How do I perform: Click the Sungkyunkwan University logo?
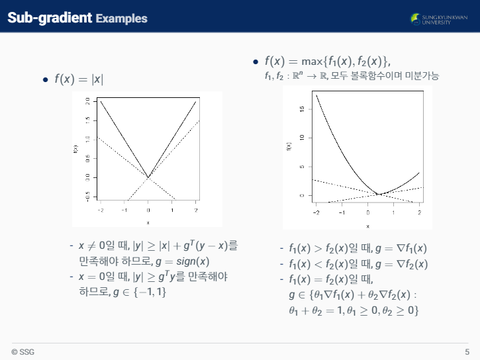(439, 19)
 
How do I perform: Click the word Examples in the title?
(122, 19)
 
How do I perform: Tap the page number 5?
(467, 352)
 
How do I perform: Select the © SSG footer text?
(23, 352)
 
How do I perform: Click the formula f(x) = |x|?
(79, 79)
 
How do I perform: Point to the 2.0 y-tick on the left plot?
(87, 101)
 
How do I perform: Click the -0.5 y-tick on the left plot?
(87, 197)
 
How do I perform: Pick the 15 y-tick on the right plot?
(302, 109)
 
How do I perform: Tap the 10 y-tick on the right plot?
(302, 138)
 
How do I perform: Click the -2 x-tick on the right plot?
(316, 212)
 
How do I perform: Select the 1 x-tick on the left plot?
(172, 210)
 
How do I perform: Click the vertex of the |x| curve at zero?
(148, 177)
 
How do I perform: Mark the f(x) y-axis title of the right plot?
(289, 146)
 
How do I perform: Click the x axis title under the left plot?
(148, 222)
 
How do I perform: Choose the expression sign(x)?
(193, 261)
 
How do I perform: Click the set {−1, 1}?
(150, 292)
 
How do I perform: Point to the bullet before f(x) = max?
(256, 62)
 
